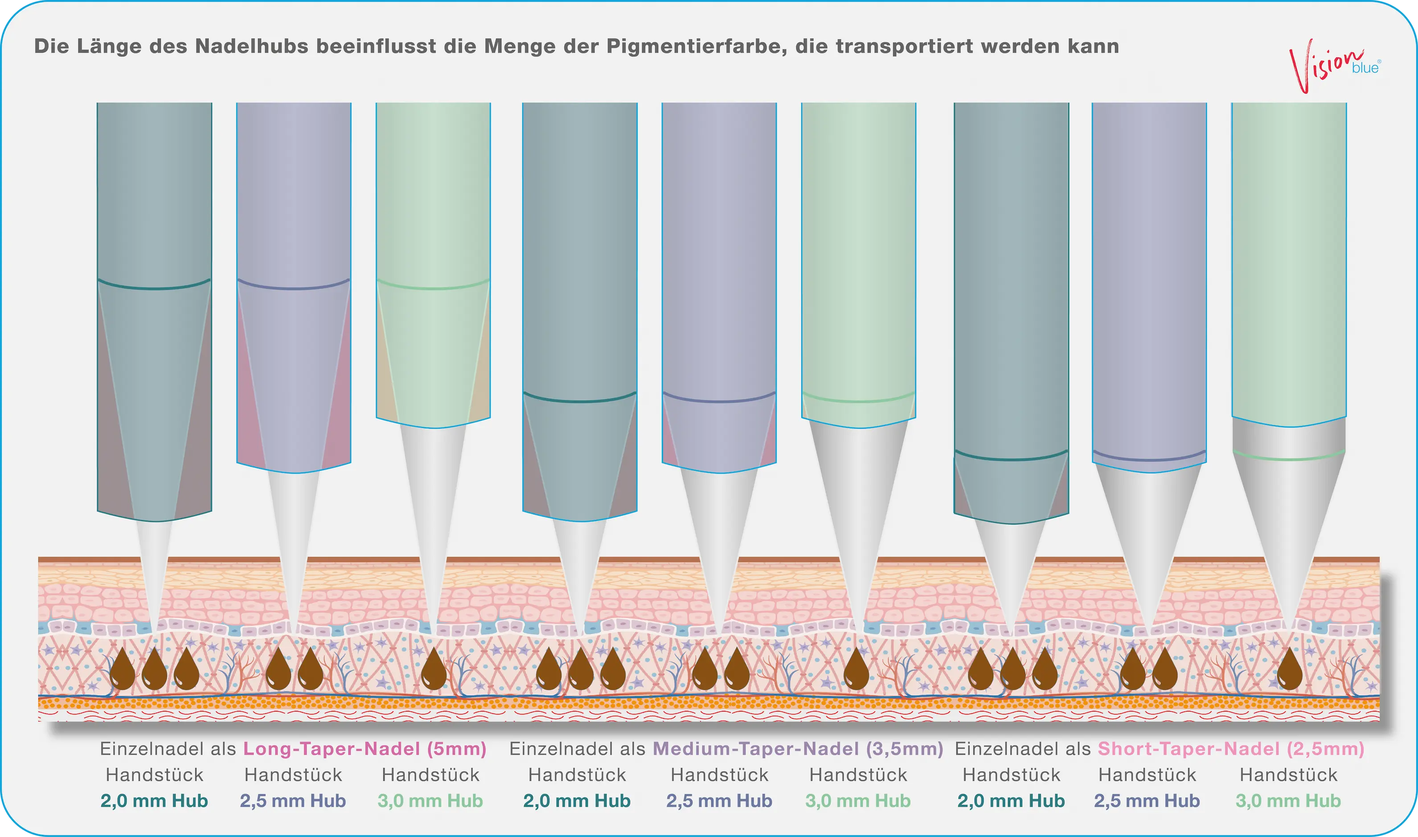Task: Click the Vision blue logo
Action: pyautogui.click(x=1334, y=66)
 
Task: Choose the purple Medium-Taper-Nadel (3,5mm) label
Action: pyautogui.click(x=798, y=749)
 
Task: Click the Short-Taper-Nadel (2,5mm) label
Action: pyautogui.click(x=1231, y=749)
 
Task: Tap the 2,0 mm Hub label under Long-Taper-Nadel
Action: pyautogui.click(x=154, y=801)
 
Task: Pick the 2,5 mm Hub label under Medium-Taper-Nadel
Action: pyautogui.click(x=719, y=801)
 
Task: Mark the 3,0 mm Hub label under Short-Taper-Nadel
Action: pyautogui.click(x=1288, y=801)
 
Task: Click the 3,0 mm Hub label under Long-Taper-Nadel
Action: pyautogui.click(x=430, y=801)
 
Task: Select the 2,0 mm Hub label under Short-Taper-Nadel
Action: pyautogui.click(x=1011, y=801)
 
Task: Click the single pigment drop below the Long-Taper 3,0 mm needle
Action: pyautogui.click(x=434, y=669)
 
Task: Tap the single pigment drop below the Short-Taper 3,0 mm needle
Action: pyautogui.click(x=1289, y=669)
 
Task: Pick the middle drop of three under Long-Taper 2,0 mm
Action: pyautogui.click(x=154, y=669)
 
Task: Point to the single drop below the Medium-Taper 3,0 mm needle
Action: pyautogui.click(x=857, y=669)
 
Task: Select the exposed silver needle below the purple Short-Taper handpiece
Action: pyautogui.click(x=1148, y=547)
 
